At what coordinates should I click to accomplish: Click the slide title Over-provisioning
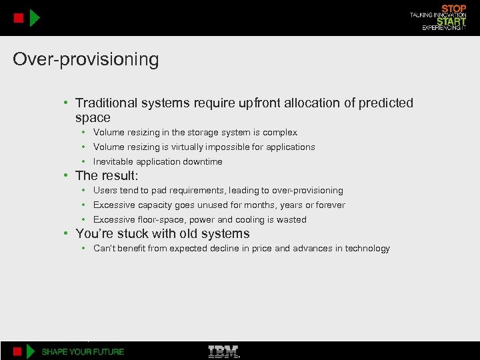[86, 60]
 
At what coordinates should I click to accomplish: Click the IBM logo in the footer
[224, 351]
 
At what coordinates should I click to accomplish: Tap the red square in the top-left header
[19, 18]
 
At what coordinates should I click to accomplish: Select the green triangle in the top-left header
[35, 18]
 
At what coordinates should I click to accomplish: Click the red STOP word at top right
[454, 9]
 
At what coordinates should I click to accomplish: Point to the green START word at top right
[451, 21]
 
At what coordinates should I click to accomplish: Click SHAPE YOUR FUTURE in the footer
[83, 351]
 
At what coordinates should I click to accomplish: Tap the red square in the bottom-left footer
[19, 351]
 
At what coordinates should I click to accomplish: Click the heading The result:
[107, 176]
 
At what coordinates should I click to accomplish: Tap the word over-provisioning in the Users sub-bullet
[307, 191]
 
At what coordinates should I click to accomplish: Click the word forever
[330, 205]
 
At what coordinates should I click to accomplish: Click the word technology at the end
[367, 249]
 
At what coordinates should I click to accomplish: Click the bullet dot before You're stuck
[67, 234]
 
